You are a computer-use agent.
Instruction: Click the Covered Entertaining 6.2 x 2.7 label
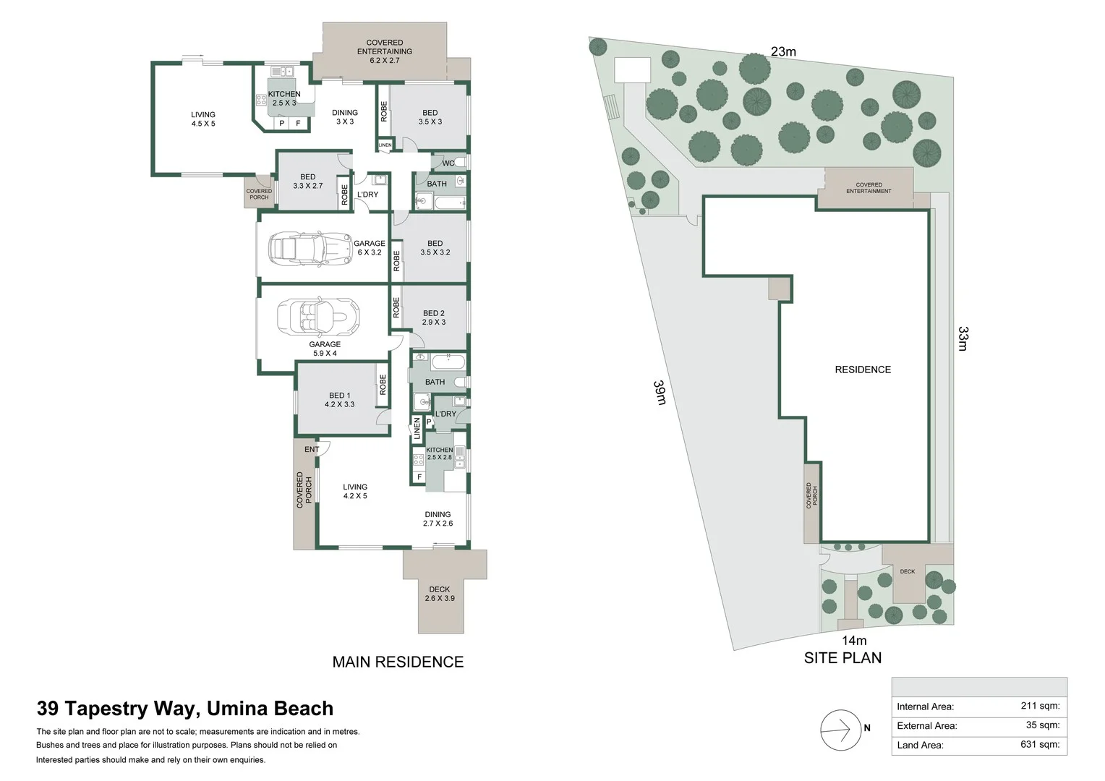tap(384, 51)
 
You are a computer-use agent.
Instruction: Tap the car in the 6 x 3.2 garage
tap(304, 248)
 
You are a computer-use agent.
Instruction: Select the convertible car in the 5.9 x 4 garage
tap(317, 316)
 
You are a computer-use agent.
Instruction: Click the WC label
tap(448, 163)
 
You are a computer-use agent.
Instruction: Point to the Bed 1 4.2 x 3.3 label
tap(339, 400)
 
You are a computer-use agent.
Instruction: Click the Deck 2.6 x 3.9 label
tap(439, 594)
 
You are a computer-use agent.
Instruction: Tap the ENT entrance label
tap(312, 450)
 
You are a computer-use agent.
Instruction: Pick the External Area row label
tap(926, 725)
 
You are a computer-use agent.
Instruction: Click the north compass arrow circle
tap(839, 729)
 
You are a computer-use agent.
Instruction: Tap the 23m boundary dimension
tap(783, 51)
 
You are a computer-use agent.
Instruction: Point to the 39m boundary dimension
tap(660, 393)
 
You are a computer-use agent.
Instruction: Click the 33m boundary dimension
tap(963, 338)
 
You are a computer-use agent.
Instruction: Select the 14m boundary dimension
tap(854, 641)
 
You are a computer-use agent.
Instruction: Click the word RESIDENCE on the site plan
tap(863, 370)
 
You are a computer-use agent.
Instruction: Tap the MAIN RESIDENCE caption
tap(398, 662)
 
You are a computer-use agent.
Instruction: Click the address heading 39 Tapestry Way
tap(185, 709)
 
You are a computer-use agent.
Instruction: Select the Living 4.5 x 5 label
tap(203, 119)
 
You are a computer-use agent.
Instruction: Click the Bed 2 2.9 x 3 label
tap(434, 317)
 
